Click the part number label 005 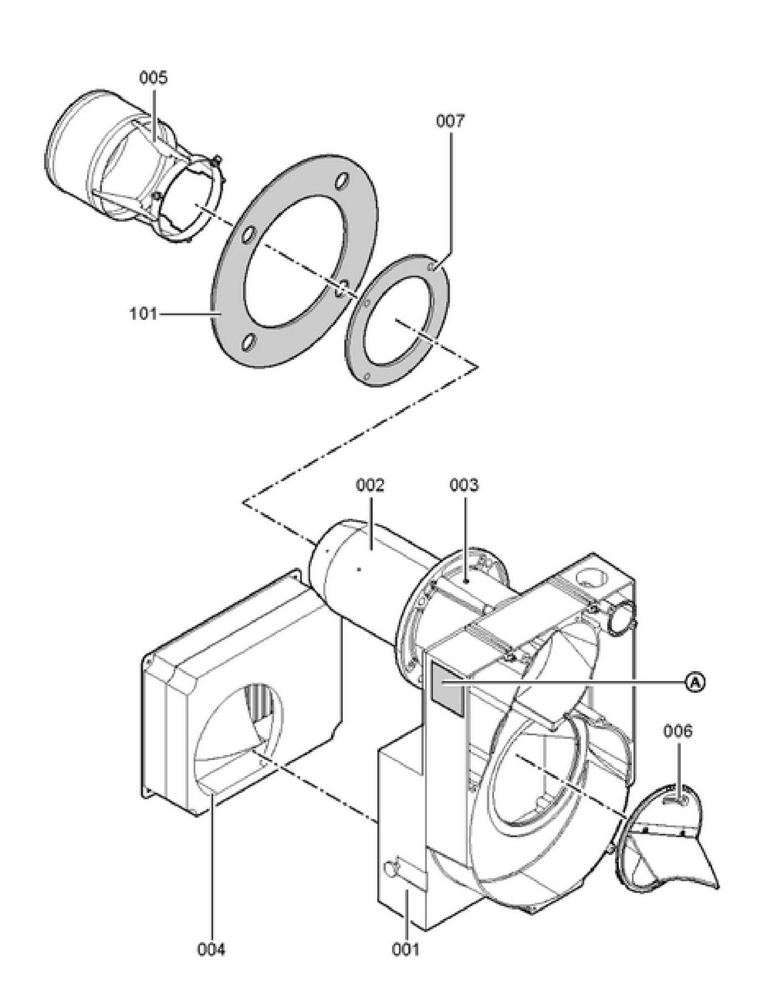153,78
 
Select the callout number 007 450,120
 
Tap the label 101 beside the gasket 143,314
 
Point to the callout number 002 370,485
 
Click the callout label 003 464,485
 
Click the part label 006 678,731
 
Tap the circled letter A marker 695,682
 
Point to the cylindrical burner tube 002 377,571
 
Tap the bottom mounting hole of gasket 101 249,342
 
